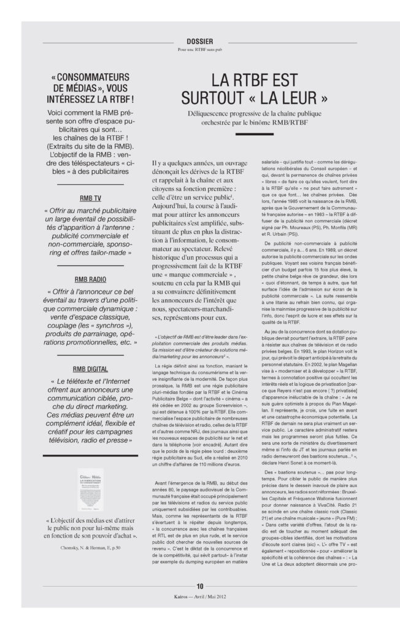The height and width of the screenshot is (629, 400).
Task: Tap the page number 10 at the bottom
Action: click(199, 586)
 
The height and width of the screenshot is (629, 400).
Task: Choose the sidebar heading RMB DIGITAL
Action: click(91, 369)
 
